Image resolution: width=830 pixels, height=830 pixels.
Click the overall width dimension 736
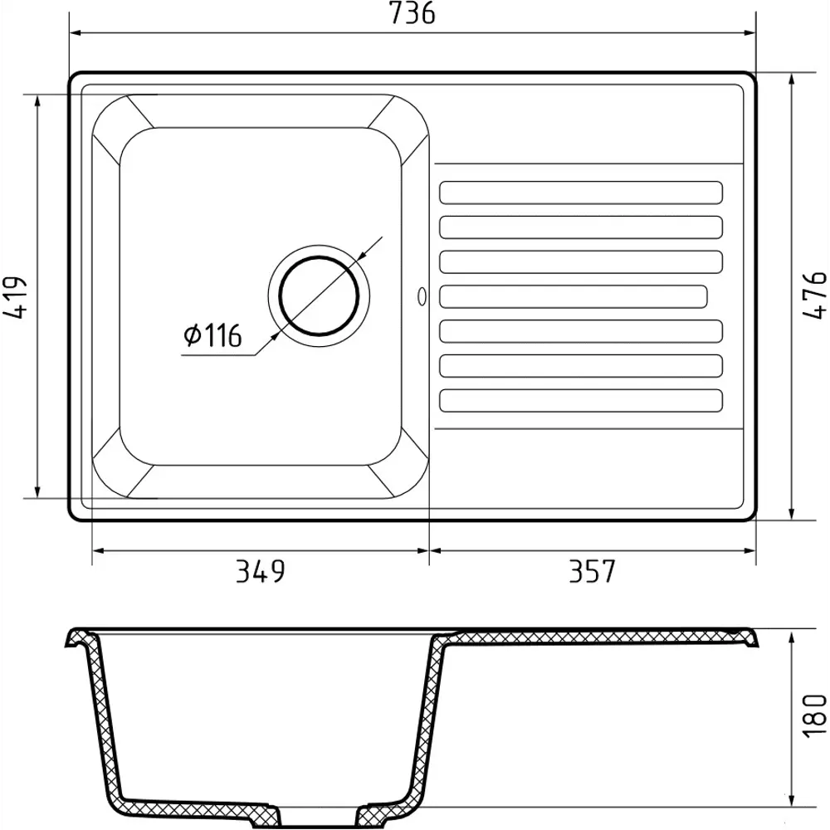click(x=412, y=13)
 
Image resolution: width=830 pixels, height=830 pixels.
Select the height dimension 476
click(x=815, y=295)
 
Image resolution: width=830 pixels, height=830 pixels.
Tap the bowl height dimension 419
click(x=14, y=297)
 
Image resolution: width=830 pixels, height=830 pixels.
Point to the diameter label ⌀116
click(x=212, y=335)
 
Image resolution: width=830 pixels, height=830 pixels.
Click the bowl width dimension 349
click(x=260, y=571)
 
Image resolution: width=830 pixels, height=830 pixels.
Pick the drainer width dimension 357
click(x=592, y=571)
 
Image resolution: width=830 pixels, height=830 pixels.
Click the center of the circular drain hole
click(x=319, y=296)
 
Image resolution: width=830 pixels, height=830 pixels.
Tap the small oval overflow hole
click(x=422, y=296)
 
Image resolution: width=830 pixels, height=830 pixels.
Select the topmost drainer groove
click(x=581, y=193)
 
